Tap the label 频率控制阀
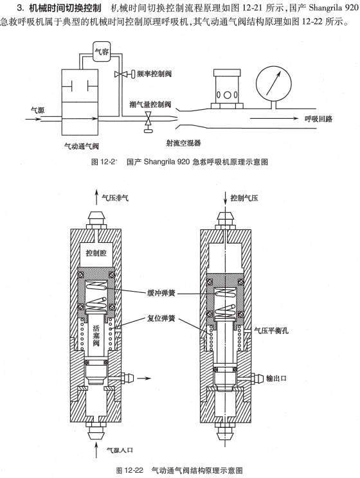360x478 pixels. tap(153, 75)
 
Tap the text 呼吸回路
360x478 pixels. tap(319, 119)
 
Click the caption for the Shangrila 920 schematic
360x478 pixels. tap(179, 162)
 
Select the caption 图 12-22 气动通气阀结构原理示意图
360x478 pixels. tap(179, 470)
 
